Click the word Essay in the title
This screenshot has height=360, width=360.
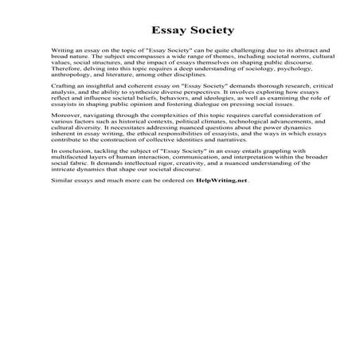(149, 32)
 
